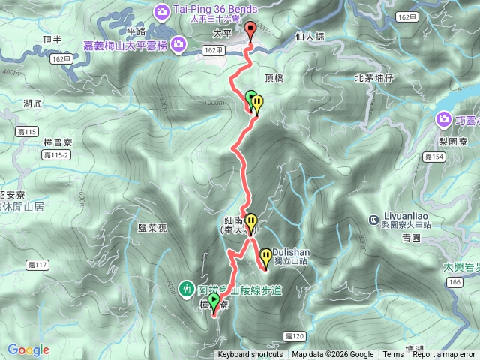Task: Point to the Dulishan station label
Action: coord(288,252)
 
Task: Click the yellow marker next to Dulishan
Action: coord(265,258)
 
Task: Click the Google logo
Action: coord(28,349)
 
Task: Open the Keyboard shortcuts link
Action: coord(250,355)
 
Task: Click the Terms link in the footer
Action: coord(393,355)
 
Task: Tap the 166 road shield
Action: coord(454,281)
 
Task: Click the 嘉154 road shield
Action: coord(433,157)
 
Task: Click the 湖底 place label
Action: coord(32,103)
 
